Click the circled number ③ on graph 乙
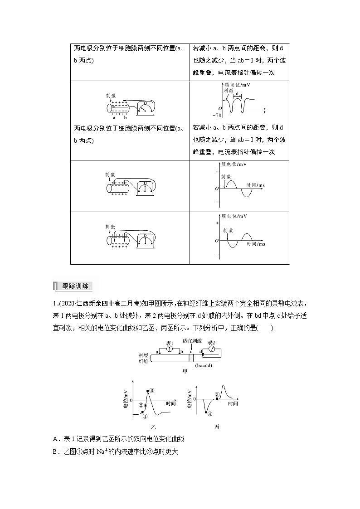click(x=152, y=390)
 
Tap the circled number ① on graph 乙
click(x=145, y=416)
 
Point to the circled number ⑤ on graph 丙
click(x=217, y=394)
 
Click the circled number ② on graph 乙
click(x=141, y=405)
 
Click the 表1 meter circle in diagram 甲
click(x=169, y=349)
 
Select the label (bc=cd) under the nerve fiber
click(x=204, y=365)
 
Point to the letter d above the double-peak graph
click(x=237, y=93)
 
